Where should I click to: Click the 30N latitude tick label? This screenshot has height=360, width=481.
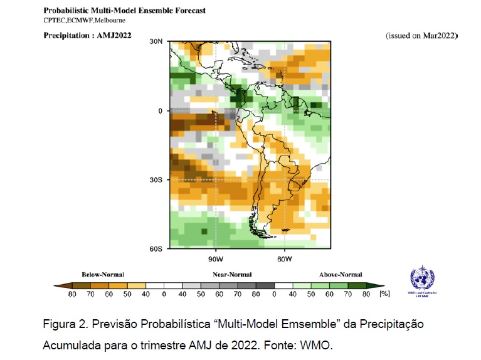pos(155,41)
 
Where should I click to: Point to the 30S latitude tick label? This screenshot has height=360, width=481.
pos(155,180)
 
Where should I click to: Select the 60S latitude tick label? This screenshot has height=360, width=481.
pos(155,249)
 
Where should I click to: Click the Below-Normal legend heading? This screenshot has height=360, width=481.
pos(103,274)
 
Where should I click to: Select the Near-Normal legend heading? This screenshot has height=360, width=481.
pos(232,274)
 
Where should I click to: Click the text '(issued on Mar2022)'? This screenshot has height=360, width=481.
pos(421,36)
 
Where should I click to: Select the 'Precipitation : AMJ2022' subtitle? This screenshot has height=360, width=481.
pos(87,35)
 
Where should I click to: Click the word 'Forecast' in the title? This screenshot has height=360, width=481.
pos(188,11)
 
